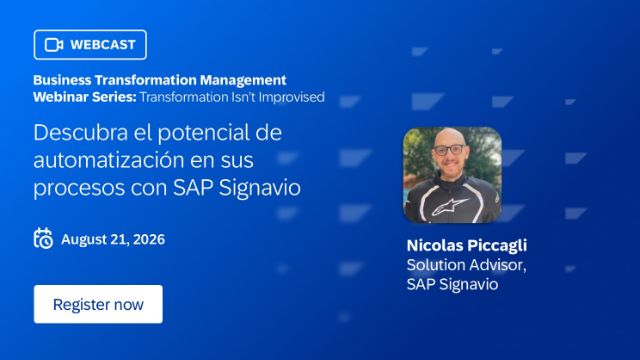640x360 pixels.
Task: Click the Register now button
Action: [98, 304]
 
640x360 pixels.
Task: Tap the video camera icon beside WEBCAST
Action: [54, 44]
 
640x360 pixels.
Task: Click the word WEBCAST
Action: [102, 44]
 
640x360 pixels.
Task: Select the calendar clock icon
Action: [43, 238]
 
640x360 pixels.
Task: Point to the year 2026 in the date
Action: [149, 239]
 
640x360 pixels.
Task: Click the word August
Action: [84, 240]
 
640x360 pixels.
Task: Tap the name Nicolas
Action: [434, 245]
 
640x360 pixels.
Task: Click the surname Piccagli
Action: [497, 246]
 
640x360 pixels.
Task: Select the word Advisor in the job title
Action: [496, 265]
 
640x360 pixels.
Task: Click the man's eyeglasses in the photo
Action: [449, 150]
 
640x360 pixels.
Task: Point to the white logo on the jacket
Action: [450, 207]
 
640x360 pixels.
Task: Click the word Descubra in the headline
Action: [80, 132]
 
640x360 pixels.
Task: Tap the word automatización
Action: [109, 160]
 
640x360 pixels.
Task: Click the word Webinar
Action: [61, 97]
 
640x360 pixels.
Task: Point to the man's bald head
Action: [448, 138]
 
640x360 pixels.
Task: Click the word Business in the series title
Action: [62, 80]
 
